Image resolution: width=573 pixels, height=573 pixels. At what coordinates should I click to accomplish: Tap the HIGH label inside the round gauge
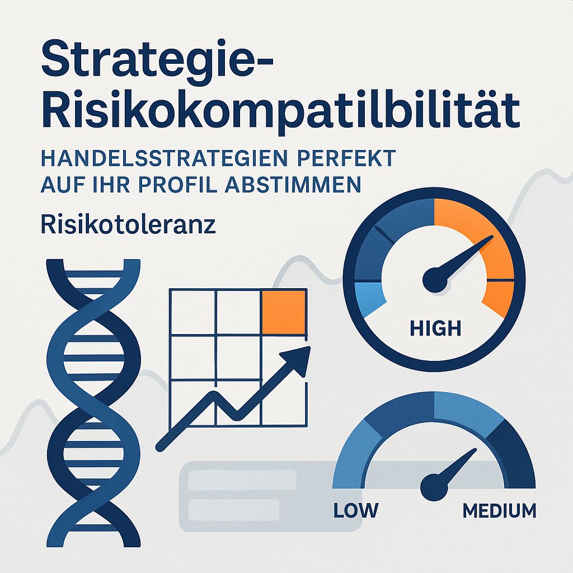tap(435, 328)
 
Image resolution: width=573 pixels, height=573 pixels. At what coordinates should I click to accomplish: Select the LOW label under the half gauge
tap(355, 510)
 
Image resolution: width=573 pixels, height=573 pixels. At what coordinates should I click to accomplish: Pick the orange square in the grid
tap(283, 312)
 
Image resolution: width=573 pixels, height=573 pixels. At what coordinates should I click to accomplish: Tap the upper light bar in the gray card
tap(242, 480)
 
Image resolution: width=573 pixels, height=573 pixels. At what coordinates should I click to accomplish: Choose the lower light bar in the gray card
tap(234, 509)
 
